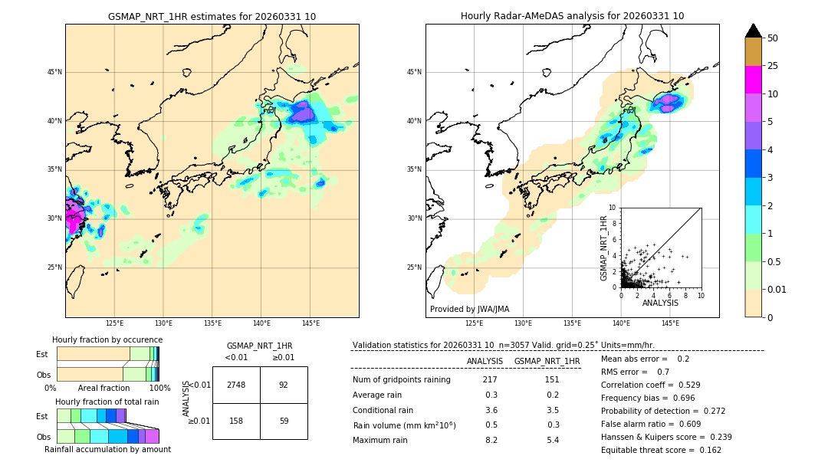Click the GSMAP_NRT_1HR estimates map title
212,16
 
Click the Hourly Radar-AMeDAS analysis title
572,16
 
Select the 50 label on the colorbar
773,38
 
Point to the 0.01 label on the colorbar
777,289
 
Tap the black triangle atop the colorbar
754,31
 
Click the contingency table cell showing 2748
236,385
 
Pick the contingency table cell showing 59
284,421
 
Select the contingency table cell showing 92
284,385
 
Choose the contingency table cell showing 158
236,421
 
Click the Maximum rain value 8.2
491,440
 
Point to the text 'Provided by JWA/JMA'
469,309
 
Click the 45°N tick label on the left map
54,72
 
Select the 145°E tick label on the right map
670,323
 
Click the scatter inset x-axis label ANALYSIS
660,303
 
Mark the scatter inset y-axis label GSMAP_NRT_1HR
604,248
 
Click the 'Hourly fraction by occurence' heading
107,339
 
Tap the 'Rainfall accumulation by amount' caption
107,449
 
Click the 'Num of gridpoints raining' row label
401,380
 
